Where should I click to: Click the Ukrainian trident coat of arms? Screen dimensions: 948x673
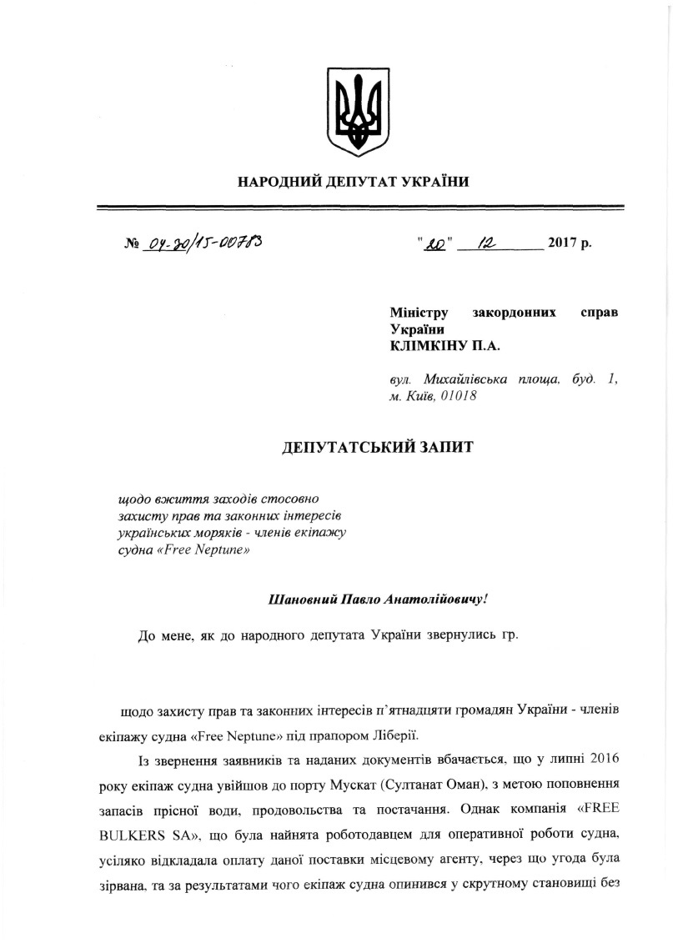click(x=357, y=113)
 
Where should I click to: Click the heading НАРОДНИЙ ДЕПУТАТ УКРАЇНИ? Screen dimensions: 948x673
click(x=354, y=182)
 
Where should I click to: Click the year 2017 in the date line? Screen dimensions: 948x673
click(x=562, y=245)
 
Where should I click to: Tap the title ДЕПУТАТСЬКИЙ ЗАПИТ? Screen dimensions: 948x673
click(x=377, y=448)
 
